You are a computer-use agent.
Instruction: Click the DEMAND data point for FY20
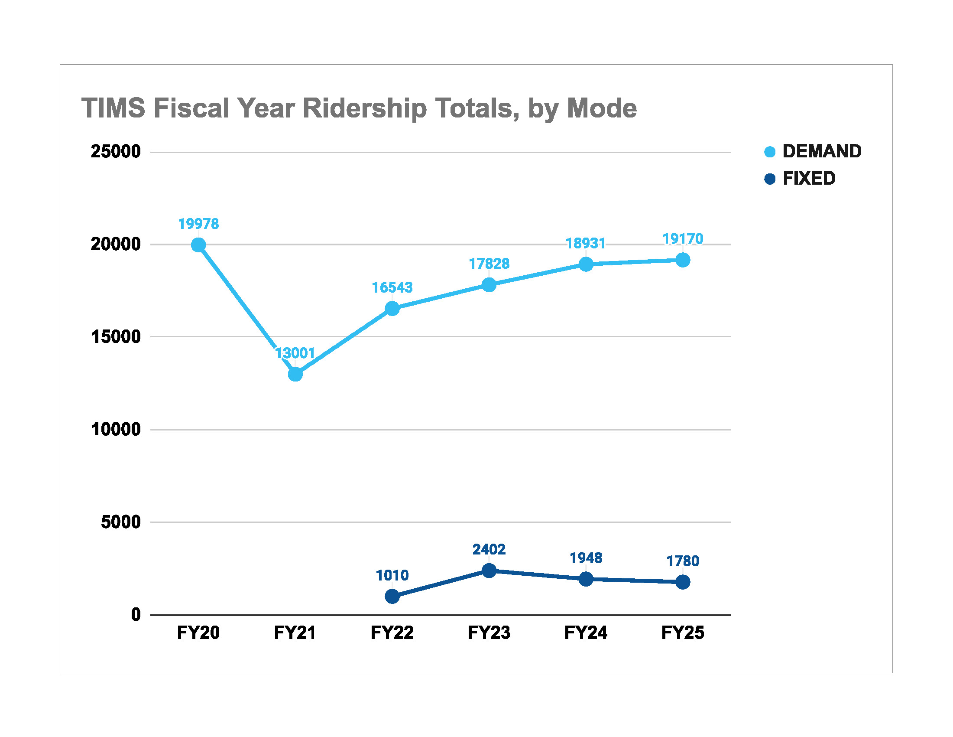coord(198,245)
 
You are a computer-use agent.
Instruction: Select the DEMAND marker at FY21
coord(295,374)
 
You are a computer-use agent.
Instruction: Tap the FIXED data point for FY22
coord(392,596)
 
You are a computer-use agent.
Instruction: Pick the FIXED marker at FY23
coord(489,570)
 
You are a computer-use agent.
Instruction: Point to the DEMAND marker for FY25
coord(683,260)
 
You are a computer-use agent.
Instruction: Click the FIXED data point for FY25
coord(683,582)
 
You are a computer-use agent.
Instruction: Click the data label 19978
coord(198,224)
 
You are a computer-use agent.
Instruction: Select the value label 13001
coord(295,353)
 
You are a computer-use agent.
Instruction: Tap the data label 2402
coord(489,549)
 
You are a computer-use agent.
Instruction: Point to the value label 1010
coord(392,575)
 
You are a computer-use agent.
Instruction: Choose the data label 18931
coord(586,243)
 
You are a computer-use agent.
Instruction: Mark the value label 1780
coord(683,561)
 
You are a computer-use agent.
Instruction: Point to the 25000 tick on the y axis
coord(116,151)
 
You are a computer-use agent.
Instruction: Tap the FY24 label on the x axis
coord(586,633)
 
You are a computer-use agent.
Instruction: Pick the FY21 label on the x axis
coord(295,633)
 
